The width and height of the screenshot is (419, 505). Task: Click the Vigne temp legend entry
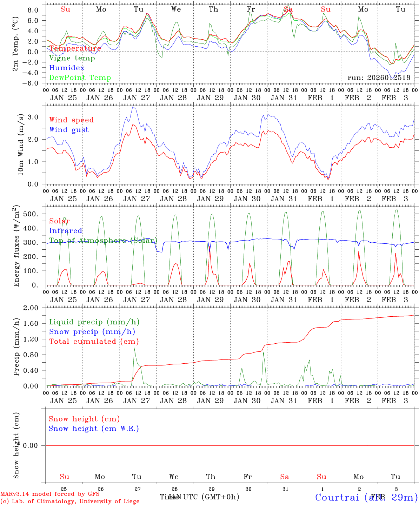point(72,58)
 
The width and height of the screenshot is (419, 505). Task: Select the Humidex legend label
point(67,68)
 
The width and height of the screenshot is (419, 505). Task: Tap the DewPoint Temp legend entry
point(80,78)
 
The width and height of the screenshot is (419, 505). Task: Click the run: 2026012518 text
point(379,78)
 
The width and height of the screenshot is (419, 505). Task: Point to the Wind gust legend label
point(69,130)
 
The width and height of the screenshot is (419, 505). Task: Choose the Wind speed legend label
point(72,120)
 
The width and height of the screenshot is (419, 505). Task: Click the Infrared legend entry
point(66,231)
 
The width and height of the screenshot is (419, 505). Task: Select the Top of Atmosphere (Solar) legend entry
point(103,241)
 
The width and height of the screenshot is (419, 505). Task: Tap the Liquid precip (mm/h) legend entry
point(94,322)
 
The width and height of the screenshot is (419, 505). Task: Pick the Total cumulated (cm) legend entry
point(94,341)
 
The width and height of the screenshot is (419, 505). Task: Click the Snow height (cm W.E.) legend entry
point(94,429)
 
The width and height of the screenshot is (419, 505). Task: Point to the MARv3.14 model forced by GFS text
point(50,494)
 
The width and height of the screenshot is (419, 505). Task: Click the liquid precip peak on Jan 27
point(134,348)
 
